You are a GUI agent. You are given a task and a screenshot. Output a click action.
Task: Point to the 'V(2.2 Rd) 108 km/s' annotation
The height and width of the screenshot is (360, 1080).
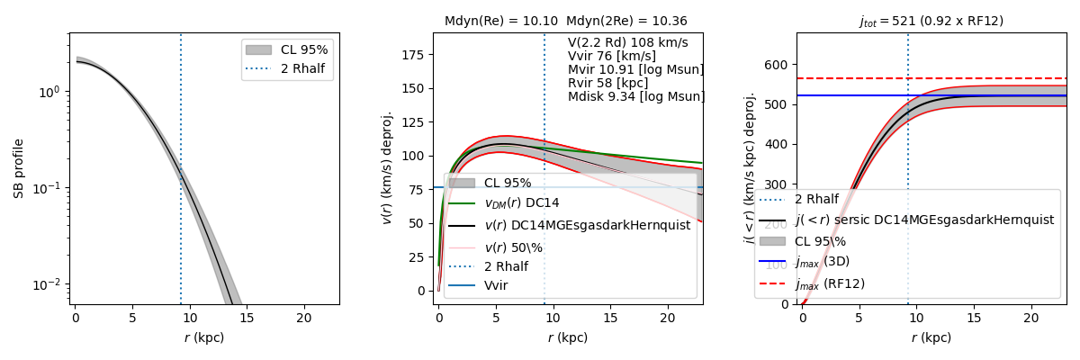[627, 43]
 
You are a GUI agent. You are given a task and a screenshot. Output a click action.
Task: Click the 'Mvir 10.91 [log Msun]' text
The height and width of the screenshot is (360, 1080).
[635, 70]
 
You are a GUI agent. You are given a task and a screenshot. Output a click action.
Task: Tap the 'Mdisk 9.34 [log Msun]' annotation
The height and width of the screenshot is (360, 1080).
[635, 97]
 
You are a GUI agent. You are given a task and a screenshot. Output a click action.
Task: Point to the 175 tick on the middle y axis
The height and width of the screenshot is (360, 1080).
[412, 54]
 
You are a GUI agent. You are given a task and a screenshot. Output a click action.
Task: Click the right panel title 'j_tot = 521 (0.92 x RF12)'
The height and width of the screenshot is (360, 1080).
[931, 21]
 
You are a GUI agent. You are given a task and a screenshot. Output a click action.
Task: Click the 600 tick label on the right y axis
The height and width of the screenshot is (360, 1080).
[778, 65]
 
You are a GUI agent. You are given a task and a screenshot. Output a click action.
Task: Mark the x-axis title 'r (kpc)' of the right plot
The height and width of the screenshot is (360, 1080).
[931, 338]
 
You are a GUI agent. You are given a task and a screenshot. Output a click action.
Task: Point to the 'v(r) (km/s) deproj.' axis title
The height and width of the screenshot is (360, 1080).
[389, 168]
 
